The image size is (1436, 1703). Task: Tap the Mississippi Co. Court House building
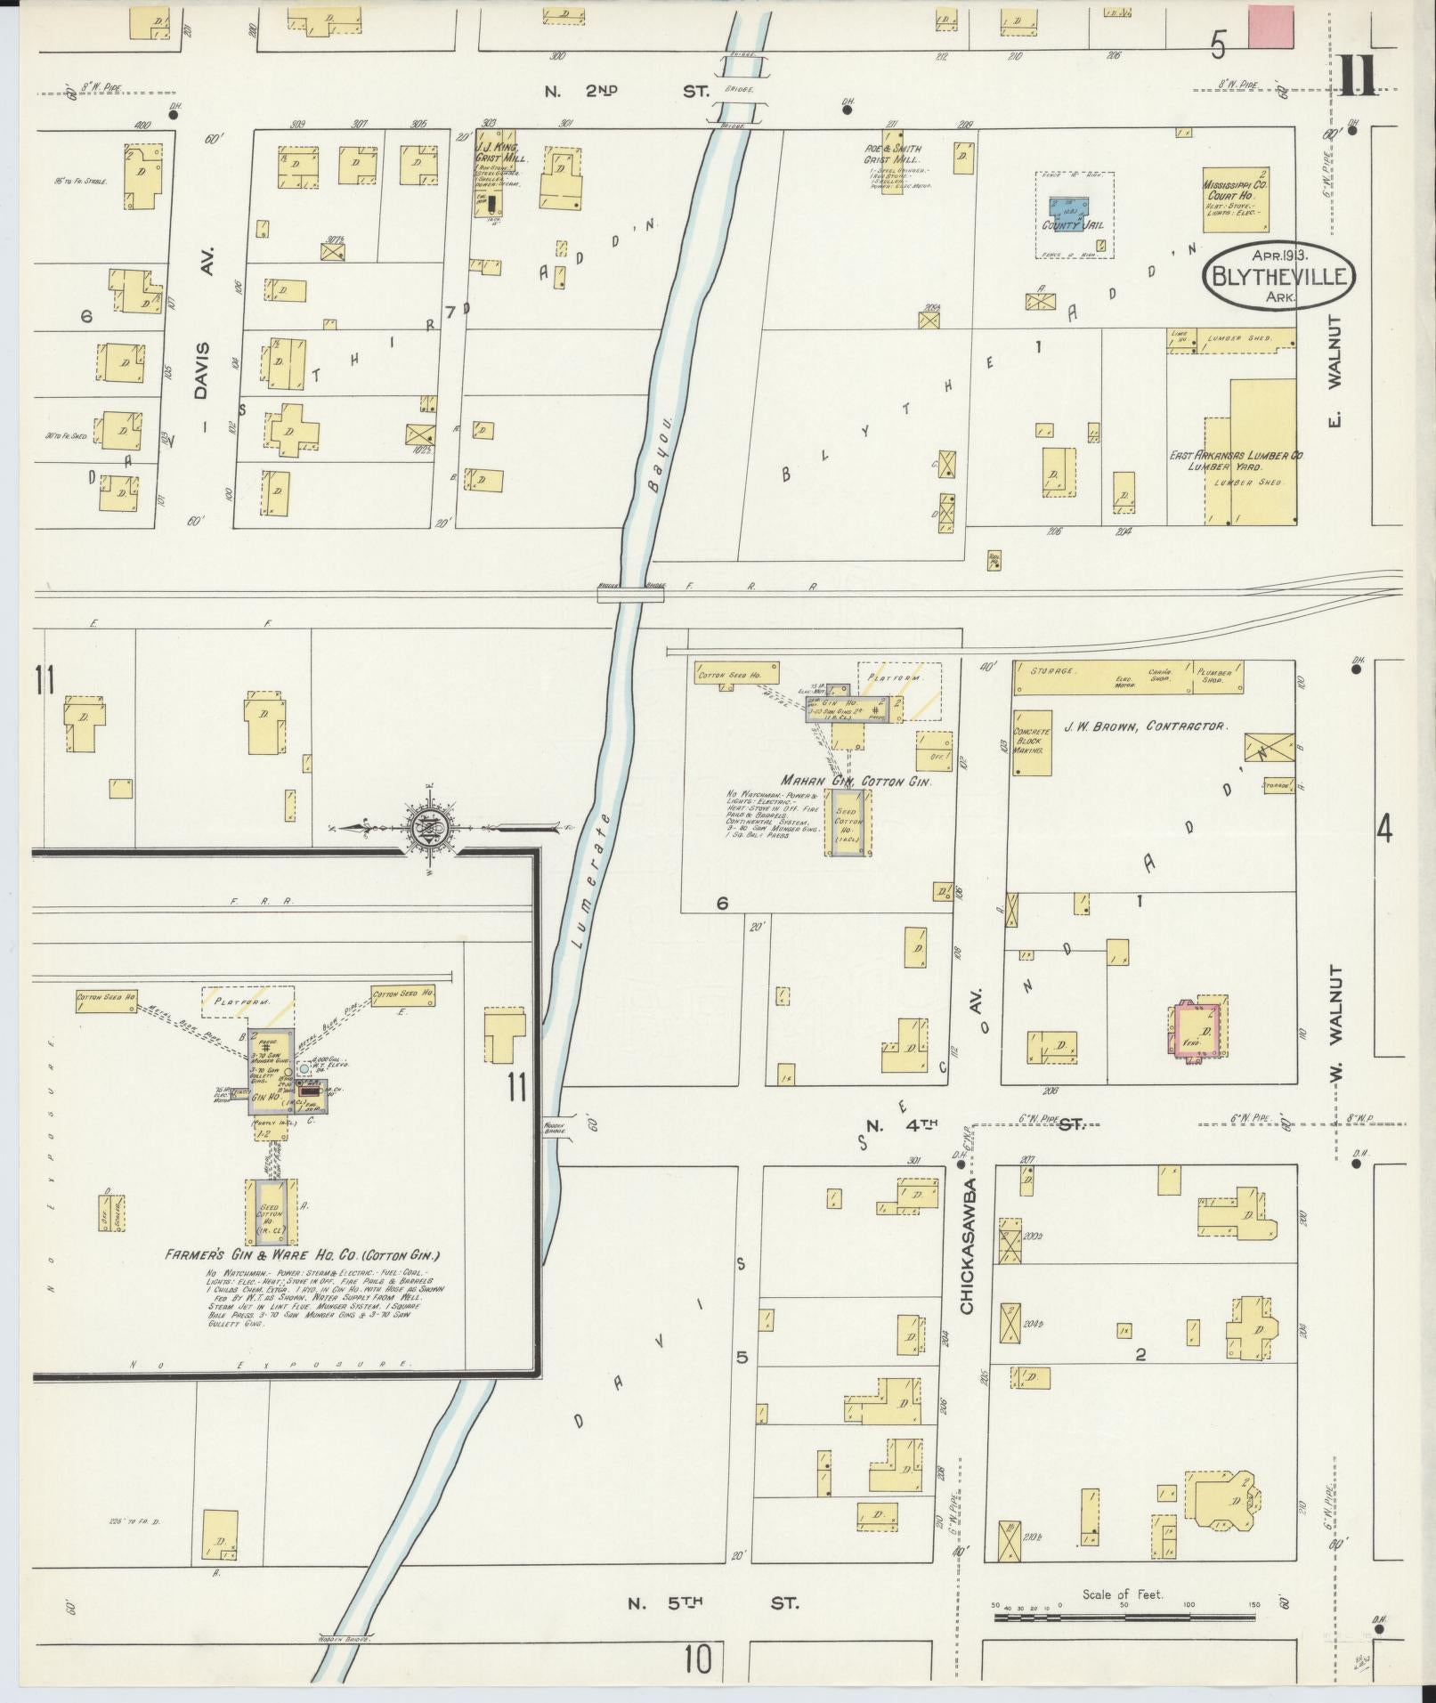(1235, 199)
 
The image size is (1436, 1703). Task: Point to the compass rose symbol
(428, 827)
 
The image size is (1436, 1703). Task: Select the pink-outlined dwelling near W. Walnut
(1194, 1030)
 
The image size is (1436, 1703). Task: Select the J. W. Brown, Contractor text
(1144, 726)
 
